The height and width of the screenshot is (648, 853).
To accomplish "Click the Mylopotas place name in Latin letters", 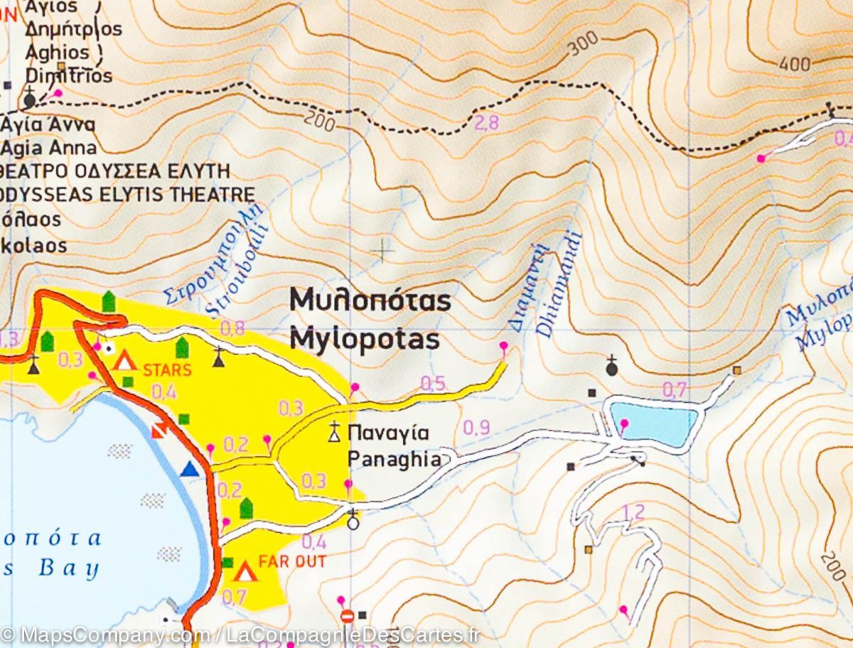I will point(364,340).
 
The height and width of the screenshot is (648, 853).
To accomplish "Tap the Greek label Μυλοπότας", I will point(370,301).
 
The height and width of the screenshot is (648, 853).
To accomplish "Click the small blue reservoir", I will point(653,423).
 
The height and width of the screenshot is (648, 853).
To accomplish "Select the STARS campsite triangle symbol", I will point(125,361).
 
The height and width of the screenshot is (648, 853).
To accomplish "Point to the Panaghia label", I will point(394,460).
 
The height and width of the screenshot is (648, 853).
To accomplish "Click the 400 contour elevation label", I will point(794,64).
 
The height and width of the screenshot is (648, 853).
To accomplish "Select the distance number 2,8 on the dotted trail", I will point(486,123).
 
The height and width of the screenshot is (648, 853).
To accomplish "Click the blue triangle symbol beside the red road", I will point(188,468).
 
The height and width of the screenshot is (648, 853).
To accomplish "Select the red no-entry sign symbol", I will point(347,615).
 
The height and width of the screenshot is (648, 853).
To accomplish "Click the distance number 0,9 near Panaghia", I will point(476,428).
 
